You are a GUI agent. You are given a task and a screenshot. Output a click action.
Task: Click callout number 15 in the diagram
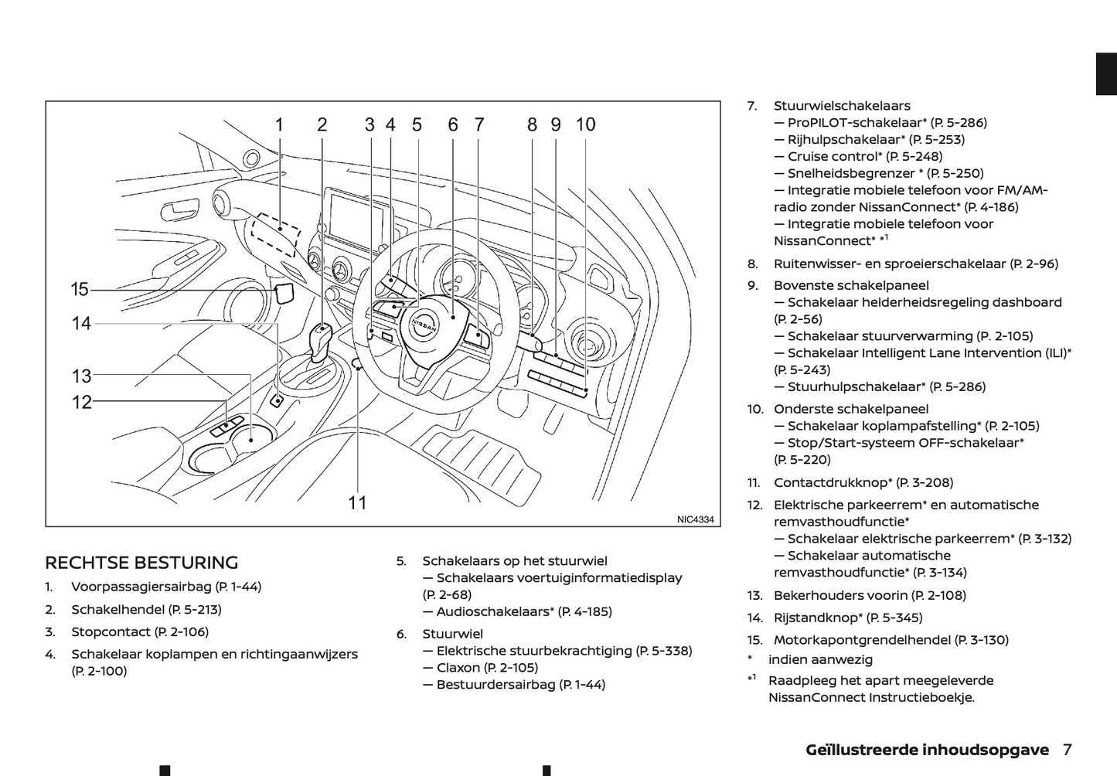[x=80, y=290]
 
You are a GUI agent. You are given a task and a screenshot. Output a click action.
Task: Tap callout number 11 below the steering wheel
[x=357, y=503]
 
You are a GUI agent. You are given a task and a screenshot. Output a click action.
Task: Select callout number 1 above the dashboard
[x=279, y=124]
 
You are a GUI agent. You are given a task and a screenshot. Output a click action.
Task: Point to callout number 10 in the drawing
[x=585, y=124]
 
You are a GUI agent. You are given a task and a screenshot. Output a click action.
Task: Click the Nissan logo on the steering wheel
[x=424, y=325]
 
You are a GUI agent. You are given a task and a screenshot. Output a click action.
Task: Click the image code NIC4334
[x=695, y=519]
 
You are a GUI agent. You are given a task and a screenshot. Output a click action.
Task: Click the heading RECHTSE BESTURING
[x=141, y=563]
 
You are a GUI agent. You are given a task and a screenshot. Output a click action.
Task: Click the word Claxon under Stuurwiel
[x=458, y=667]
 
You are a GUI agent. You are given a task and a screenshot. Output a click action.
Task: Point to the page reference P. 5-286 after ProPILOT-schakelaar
[x=958, y=122]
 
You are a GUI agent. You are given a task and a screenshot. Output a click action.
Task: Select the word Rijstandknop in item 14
[x=817, y=617]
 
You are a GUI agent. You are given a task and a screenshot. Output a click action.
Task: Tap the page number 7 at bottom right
[x=1067, y=749]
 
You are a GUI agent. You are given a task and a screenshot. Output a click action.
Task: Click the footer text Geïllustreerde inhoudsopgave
[x=927, y=750]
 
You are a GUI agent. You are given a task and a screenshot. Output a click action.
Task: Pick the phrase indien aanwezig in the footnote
[x=820, y=659]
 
